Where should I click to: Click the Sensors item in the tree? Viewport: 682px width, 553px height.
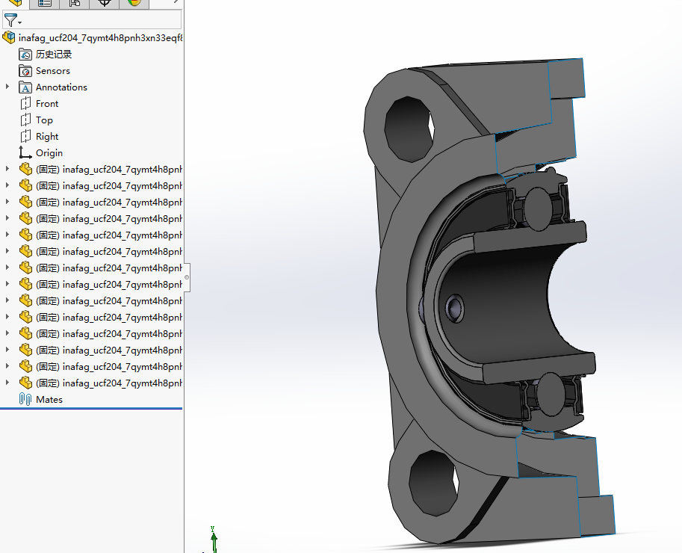tap(52, 71)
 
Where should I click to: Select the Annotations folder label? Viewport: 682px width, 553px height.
tap(61, 87)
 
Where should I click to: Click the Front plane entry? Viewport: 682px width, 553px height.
tap(46, 104)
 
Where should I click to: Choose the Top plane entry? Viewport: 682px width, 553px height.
tap(44, 120)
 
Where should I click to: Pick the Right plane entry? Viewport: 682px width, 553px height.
tap(46, 137)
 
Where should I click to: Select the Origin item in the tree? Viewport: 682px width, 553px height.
tap(49, 153)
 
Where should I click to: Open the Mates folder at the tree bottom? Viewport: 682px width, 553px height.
tap(49, 400)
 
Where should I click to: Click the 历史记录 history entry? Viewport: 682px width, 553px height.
tap(54, 55)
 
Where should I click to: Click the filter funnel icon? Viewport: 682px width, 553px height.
tap(10, 19)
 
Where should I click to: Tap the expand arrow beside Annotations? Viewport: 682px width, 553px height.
tap(7, 87)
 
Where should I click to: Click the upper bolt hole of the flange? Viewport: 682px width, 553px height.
tap(408, 123)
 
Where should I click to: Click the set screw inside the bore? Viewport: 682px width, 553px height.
tap(453, 307)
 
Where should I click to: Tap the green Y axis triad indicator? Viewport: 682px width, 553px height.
tap(213, 535)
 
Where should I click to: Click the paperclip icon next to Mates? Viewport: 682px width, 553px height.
tap(25, 400)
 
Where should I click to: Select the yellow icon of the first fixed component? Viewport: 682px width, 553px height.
tap(25, 170)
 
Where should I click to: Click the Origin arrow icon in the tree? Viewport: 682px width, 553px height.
tap(25, 153)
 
